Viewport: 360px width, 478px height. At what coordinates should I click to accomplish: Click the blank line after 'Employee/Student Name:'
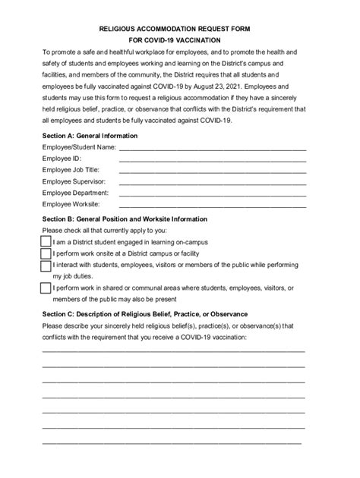pyautogui.click(x=213, y=149)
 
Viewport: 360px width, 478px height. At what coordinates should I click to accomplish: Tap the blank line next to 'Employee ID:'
pyautogui.click(x=213, y=160)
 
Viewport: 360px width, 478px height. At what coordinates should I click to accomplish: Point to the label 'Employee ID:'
pyautogui.click(x=62, y=159)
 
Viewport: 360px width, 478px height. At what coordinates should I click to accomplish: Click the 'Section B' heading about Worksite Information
pyautogui.click(x=125, y=219)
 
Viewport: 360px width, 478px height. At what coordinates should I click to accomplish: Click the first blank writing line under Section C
pyautogui.click(x=174, y=351)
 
